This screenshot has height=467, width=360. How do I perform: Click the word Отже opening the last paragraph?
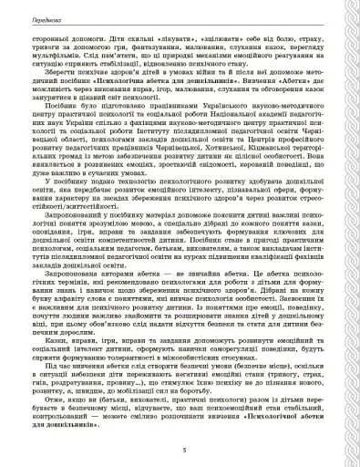pyautogui.click(x=67, y=426)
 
